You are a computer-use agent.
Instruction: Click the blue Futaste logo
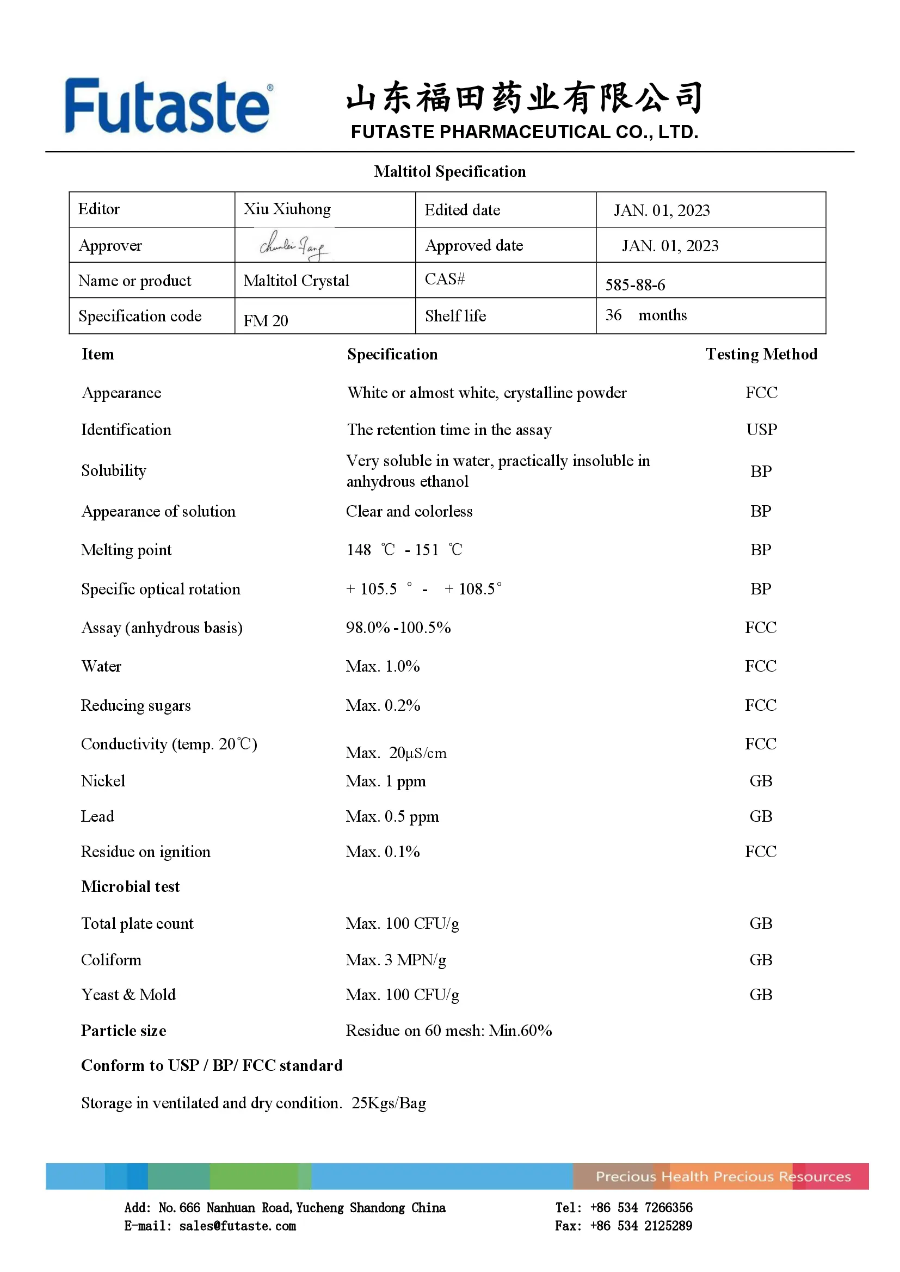168,106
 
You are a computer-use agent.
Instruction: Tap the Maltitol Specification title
449,172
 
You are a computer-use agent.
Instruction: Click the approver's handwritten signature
294,245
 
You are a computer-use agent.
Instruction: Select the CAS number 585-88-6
634,285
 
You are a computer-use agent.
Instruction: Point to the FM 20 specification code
266,320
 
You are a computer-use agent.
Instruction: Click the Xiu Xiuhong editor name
287,209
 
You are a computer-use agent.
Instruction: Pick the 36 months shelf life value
646,315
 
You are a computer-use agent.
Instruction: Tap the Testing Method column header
761,354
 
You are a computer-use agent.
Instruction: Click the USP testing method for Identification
761,430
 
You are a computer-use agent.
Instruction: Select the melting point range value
404,550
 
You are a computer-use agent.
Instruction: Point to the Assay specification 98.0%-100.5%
398,628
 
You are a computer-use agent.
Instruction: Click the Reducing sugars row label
136,705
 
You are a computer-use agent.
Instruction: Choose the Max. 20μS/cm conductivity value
396,752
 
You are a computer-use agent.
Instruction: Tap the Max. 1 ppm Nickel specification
386,781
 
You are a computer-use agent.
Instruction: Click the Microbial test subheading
130,886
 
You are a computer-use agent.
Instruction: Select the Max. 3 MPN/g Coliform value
396,959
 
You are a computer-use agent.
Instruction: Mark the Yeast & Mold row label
128,995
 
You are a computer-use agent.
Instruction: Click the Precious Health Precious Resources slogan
723,1176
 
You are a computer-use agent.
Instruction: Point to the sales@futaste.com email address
237,1226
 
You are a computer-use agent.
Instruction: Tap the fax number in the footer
640,1226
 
